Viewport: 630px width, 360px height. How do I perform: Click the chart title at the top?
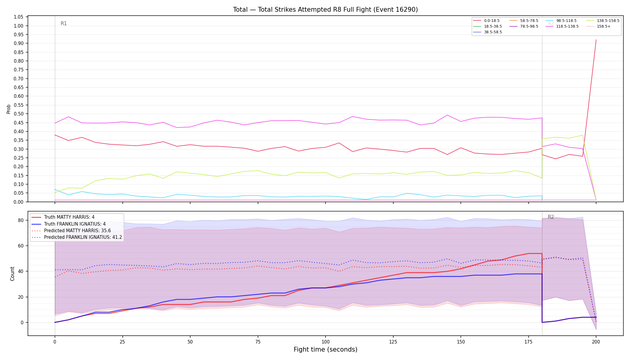[325, 10]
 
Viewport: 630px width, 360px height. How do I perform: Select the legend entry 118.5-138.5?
[567, 26]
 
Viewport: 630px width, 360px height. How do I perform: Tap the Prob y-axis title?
[9, 109]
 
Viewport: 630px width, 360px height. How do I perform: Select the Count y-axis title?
[12, 274]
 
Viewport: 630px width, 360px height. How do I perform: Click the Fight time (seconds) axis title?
[325, 349]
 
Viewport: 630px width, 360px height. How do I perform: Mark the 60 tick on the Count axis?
[20, 246]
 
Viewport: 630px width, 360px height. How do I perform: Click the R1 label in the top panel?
[64, 23]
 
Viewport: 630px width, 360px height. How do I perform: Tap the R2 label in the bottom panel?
[551, 217]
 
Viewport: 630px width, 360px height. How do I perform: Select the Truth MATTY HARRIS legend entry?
[69, 217]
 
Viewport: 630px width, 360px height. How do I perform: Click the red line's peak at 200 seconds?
[596, 40]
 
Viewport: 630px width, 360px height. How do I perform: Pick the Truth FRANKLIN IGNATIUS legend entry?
[75, 224]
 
